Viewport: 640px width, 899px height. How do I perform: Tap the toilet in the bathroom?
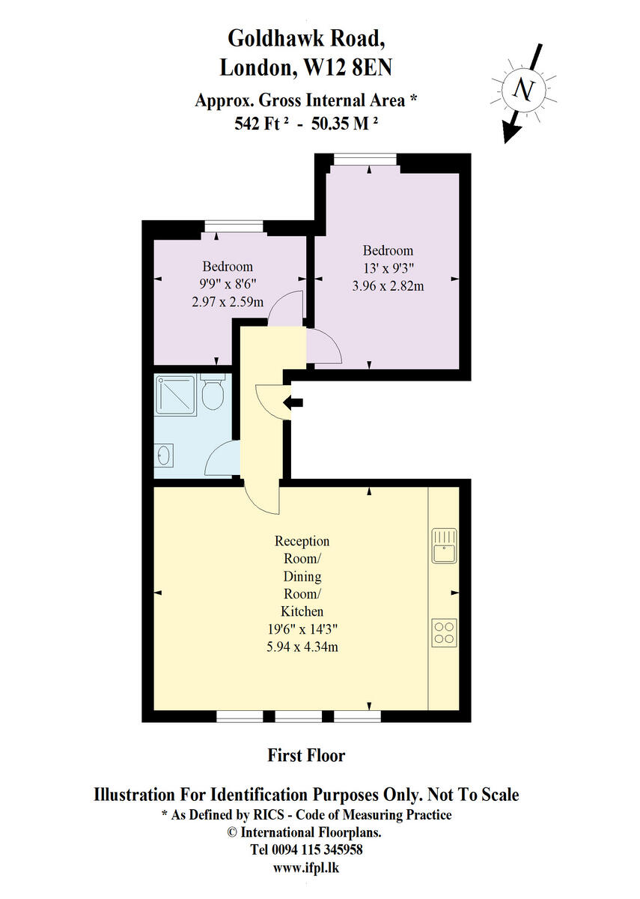pos(213,393)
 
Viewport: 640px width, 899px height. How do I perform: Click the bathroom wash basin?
pos(164,454)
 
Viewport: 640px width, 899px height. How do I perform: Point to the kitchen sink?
pos(444,545)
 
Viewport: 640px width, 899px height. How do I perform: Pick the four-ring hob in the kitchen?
pos(444,632)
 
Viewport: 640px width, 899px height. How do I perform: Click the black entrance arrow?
pos(294,403)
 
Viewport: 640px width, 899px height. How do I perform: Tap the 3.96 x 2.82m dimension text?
pos(388,285)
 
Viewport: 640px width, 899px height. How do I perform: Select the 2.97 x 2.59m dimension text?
pos(228,302)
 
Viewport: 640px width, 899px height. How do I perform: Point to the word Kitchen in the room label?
pos(302,611)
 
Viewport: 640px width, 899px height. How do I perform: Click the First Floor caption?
pos(306,755)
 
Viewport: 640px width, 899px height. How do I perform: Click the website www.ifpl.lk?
pos(306,868)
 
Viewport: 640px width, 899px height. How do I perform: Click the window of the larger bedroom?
pos(365,158)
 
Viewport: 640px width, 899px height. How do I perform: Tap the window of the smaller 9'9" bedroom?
pos(234,225)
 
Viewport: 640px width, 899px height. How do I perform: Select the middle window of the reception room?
pos(298,717)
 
